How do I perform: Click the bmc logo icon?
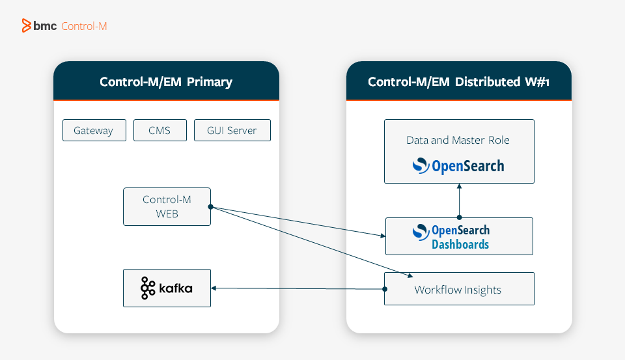[27, 26]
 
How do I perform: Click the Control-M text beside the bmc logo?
[84, 27]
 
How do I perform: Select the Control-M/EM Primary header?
[166, 82]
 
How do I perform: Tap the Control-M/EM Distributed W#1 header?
[459, 82]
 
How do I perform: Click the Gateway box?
[94, 130]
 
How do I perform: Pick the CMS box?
[160, 130]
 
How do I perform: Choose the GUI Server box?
[232, 130]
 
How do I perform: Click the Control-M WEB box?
[167, 206]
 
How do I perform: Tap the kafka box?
[167, 288]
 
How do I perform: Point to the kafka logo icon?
[148, 288]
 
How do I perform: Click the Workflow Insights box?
[458, 289]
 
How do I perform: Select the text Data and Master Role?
[458, 140]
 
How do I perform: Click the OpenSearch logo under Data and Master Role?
[458, 166]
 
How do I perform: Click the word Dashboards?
[460, 245]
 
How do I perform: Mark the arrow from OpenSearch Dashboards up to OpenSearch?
[459, 201]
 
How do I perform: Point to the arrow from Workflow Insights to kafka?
[299, 288]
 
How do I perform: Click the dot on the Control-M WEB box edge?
[211, 207]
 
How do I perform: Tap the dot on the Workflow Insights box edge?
[384, 289]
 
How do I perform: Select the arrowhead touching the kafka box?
[214, 288]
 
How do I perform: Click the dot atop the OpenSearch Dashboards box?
[459, 217]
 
